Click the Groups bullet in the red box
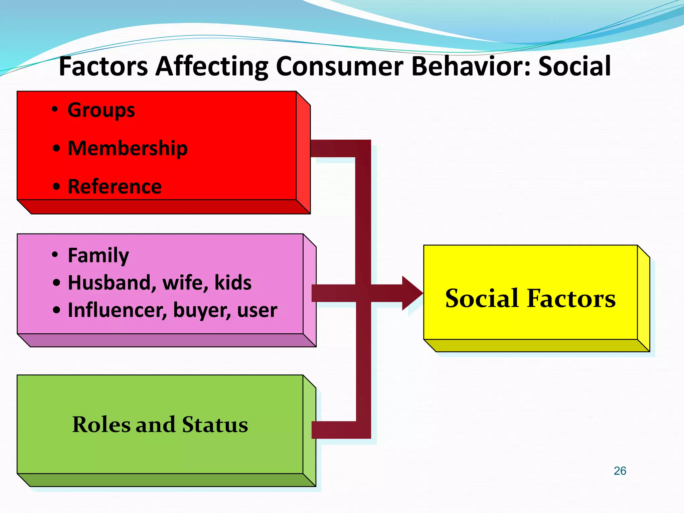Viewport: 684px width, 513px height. (101, 110)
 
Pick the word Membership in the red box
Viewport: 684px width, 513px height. (128, 148)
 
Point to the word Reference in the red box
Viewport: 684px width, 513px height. (115, 186)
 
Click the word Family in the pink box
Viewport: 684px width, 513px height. (98, 255)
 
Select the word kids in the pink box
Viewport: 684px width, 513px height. (233, 283)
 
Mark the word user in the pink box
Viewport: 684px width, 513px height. (257, 310)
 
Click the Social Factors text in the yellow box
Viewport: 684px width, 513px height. (530, 298)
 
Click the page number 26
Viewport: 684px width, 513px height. (620, 471)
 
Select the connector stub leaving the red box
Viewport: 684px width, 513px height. (332, 148)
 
